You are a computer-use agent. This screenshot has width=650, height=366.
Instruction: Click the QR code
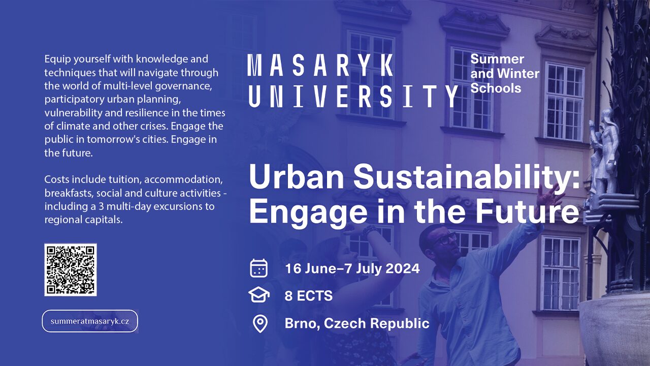click(71, 269)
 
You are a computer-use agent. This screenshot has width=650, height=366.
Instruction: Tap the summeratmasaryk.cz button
click(90, 321)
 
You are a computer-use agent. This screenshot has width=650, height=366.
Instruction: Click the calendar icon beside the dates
click(258, 268)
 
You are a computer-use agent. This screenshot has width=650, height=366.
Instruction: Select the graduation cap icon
click(259, 295)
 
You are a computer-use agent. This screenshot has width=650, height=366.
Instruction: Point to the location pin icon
click(260, 324)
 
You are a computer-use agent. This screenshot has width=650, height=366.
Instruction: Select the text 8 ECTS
click(308, 296)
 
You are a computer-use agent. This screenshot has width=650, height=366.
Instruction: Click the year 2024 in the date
click(403, 268)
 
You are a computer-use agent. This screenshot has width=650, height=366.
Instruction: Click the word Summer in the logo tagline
click(497, 59)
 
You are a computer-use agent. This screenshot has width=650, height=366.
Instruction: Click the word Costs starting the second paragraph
click(57, 179)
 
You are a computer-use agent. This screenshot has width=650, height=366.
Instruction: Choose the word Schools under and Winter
click(496, 88)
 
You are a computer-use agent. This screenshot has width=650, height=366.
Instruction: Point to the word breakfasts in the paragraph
click(69, 193)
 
